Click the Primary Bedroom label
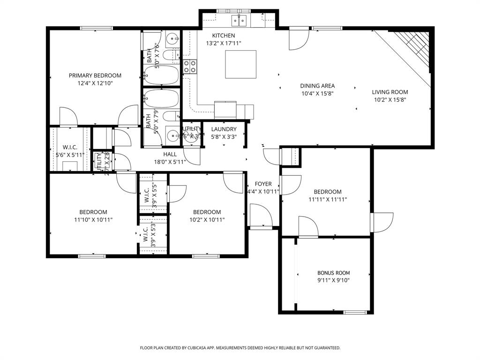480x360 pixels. pos(95,75)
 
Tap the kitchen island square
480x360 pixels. pos(240,64)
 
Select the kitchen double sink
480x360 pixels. pos(239,20)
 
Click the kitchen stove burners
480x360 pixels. pos(190,67)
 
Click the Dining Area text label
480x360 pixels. pos(317,86)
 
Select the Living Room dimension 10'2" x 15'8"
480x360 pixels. pos(390,99)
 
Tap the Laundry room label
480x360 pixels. pos(224,129)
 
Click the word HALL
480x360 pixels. pos(170,154)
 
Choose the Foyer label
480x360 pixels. pos(263,184)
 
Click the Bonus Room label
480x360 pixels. pos(333,273)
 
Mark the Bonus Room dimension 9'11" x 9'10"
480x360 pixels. pos(333,280)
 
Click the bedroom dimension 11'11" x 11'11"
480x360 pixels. pos(327,199)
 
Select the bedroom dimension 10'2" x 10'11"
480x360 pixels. pos(207,219)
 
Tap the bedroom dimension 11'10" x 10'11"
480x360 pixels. pos(93,219)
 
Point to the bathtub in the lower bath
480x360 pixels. pos(161,99)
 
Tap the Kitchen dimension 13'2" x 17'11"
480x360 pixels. pos(224,43)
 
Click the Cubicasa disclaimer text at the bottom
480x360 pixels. pos(240,348)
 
